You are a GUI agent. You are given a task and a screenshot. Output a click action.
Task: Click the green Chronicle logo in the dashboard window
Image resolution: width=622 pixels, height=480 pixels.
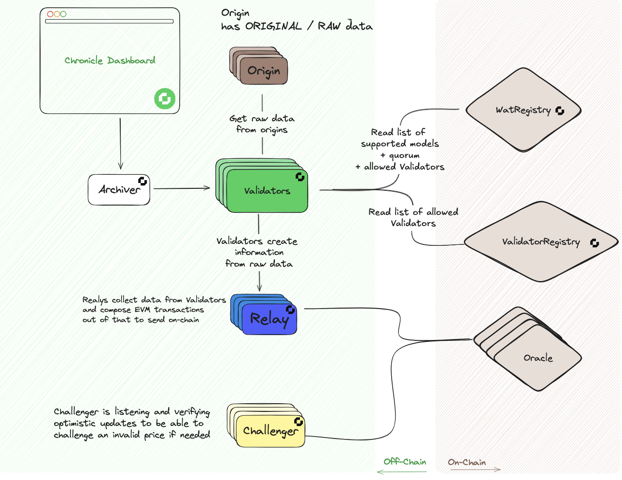point(165,99)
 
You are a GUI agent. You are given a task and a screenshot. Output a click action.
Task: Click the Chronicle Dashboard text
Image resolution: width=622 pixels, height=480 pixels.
point(110,60)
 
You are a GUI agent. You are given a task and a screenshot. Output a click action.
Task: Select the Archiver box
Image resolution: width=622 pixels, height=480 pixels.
point(119,190)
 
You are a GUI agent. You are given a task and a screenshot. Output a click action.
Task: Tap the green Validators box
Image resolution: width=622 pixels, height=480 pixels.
point(267,191)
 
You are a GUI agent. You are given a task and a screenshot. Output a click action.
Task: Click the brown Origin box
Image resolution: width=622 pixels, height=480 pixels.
point(264,71)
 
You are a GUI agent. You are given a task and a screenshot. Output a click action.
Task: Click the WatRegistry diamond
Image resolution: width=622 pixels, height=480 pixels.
point(523,110)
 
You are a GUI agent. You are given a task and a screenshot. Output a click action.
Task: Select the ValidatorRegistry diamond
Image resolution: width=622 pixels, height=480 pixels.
point(540,241)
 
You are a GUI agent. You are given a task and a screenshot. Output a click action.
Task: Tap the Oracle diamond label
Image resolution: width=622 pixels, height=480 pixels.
point(537,358)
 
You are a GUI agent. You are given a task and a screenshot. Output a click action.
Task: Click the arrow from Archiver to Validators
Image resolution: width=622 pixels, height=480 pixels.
point(182,188)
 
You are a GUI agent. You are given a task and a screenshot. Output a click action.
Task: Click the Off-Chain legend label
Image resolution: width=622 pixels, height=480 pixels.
point(405,462)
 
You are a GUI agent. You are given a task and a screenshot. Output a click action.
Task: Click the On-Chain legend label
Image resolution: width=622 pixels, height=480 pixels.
point(466,462)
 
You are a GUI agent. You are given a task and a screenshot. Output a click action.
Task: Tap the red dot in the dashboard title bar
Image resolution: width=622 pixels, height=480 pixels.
point(50,14)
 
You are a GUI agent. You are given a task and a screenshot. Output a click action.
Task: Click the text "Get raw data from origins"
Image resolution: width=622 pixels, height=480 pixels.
point(262,124)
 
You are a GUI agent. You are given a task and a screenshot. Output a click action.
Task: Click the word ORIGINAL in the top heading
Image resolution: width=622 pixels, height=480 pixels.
point(273,26)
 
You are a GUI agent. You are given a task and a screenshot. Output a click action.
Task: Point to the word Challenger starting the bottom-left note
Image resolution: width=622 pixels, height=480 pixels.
point(76,412)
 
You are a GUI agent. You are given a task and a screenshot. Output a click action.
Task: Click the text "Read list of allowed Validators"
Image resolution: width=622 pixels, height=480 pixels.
point(413,217)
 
